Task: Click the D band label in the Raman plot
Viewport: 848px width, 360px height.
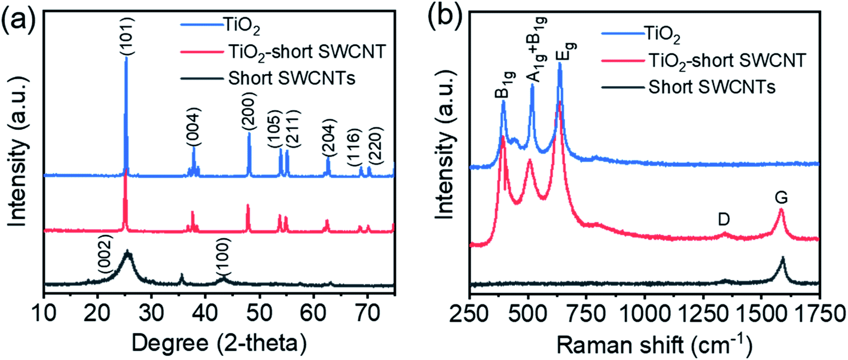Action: pos(724,219)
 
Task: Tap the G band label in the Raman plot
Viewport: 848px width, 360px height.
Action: pos(780,197)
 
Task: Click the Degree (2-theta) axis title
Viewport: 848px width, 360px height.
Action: pos(219,342)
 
